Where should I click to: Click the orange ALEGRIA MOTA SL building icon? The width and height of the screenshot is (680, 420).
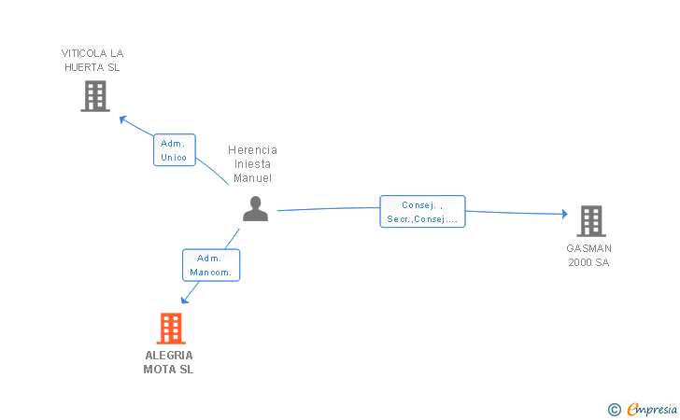click(170, 329)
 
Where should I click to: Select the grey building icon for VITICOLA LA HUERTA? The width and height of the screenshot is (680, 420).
click(94, 96)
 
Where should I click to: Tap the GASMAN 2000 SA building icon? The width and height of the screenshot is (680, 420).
click(590, 221)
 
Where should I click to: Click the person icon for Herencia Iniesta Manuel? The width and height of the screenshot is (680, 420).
click(255, 209)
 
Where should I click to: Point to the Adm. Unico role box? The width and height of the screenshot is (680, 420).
click(174, 150)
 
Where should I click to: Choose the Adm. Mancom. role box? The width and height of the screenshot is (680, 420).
click(211, 265)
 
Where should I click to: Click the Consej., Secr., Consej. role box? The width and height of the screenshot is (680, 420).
click(422, 212)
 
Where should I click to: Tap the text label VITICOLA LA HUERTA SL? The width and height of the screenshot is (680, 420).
click(92, 60)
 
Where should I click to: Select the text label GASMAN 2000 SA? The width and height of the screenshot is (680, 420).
click(588, 255)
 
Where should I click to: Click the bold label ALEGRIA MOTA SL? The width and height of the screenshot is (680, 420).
click(169, 362)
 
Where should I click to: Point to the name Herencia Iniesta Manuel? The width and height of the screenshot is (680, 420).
click(253, 163)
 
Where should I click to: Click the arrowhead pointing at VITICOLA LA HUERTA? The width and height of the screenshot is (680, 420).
click(121, 118)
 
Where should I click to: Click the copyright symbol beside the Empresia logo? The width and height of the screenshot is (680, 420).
click(614, 409)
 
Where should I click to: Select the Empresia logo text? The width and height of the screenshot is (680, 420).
click(652, 409)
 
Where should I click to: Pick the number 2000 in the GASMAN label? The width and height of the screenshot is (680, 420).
click(580, 262)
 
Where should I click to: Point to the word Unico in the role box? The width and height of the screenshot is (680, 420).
click(174, 158)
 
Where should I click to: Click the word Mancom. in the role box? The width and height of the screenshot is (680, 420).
click(211, 273)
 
